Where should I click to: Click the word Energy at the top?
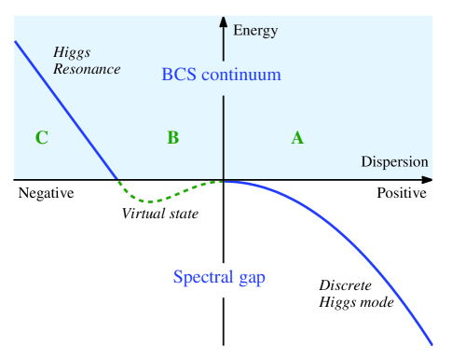(256, 30)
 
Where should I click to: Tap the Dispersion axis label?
(394, 161)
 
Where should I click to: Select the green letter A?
(297, 138)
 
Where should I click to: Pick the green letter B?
(172, 138)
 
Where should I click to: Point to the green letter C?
(41, 138)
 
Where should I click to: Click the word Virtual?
(141, 214)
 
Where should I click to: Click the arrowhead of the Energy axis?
(224, 20)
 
